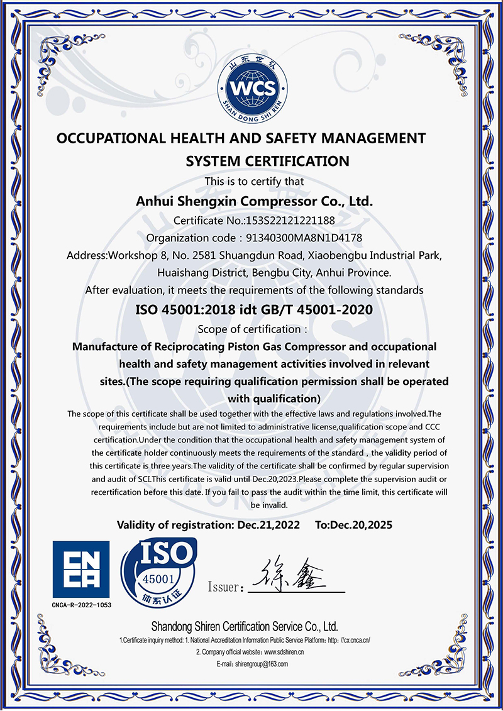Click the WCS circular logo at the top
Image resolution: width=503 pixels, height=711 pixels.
(252, 88)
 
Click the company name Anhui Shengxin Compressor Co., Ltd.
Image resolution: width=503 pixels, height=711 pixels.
(255, 202)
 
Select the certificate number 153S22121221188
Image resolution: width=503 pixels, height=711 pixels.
(290, 221)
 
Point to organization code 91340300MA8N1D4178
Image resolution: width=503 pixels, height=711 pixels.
(304, 238)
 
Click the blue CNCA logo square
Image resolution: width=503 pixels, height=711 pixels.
(81, 570)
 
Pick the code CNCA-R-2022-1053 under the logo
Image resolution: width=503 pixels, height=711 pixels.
(81, 605)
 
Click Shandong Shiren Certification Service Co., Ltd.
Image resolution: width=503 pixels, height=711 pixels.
(245, 627)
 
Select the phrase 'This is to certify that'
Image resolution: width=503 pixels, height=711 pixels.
(255, 181)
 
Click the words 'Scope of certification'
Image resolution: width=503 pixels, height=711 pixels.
(250, 329)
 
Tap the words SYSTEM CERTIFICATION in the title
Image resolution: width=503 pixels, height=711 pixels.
(267, 161)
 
